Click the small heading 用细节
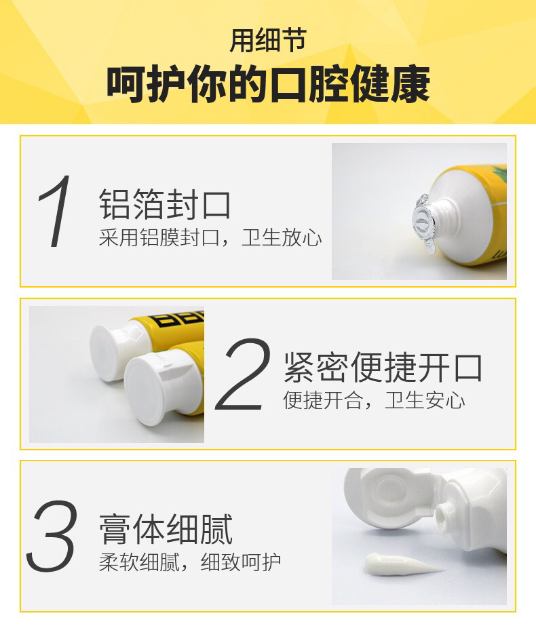268,41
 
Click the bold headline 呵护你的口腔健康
268,84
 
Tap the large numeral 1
55,211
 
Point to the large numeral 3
52,536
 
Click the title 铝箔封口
165,204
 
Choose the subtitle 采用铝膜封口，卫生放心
210,238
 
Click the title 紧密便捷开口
383,367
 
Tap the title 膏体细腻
166,529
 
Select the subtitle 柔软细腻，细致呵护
190,562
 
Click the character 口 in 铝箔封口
216,205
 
